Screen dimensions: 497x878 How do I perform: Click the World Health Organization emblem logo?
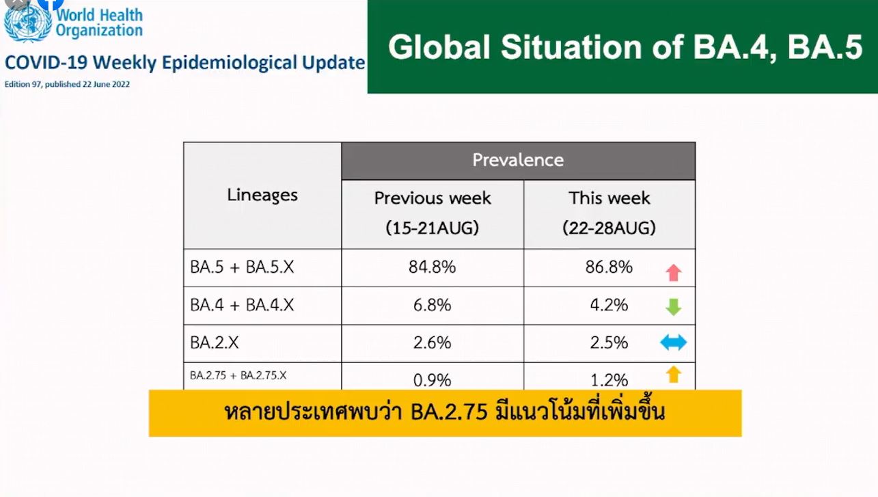click(27, 22)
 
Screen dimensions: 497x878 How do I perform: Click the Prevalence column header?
click(518, 161)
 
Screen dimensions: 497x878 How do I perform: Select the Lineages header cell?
click(262, 196)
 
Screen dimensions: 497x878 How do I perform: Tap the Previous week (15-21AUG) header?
click(433, 213)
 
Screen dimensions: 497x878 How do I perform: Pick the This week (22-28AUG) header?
click(609, 213)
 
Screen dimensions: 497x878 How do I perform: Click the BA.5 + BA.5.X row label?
click(242, 267)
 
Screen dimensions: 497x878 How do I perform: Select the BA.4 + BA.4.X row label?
click(242, 305)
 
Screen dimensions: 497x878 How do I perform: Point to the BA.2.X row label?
click(215, 342)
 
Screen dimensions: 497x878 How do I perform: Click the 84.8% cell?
click(433, 267)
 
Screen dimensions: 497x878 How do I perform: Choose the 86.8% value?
click(609, 267)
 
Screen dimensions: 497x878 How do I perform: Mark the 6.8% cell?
click(433, 305)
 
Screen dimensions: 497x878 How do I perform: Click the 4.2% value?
click(609, 305)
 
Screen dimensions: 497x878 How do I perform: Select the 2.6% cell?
click(433, 342)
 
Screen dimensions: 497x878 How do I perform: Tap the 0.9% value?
click(433, 379)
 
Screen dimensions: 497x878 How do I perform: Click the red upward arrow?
click(674, 273)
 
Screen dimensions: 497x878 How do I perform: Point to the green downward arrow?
click(674, 307)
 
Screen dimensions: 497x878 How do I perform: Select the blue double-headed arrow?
click(674, 342)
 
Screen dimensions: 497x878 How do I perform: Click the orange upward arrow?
click(674, 374)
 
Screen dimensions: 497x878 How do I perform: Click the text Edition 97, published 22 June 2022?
click(67, 84)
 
